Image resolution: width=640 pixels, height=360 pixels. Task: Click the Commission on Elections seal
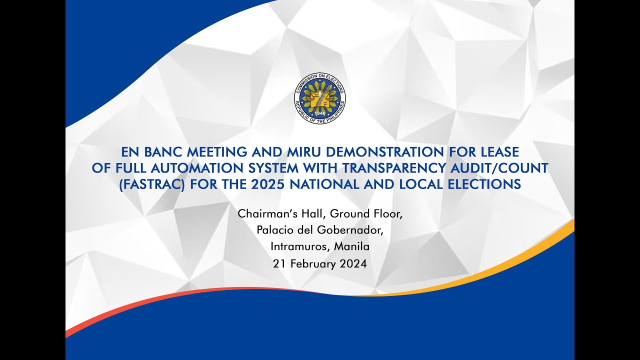click(x=320, y=98)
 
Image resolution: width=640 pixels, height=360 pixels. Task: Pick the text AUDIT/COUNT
click(x=504, y=168)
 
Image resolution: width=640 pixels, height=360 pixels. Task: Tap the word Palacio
click(x=275, y=230)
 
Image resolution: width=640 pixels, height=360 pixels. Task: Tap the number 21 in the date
click(x=278, y=263)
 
